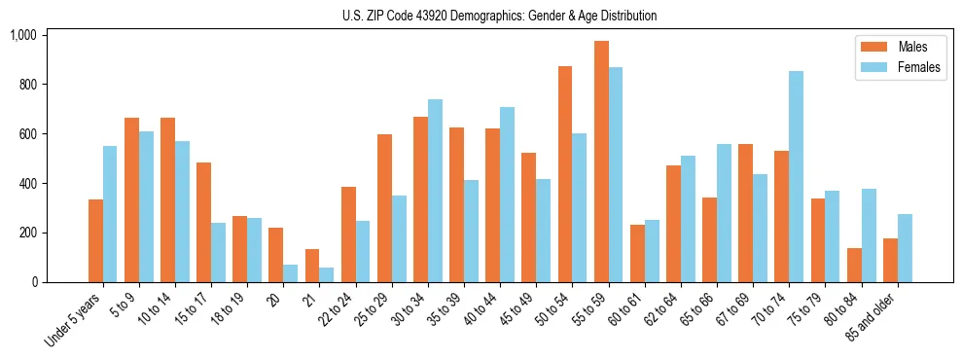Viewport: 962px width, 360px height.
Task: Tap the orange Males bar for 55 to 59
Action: pos(601,162)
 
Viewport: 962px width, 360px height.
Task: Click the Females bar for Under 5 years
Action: pos(110,214)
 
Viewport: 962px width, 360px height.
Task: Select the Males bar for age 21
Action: pos(312,266)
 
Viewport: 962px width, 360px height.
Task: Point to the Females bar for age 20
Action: pos(291,273)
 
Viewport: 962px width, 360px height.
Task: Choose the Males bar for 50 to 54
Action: pos(565,174)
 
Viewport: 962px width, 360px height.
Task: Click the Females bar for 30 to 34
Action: pos(435,191)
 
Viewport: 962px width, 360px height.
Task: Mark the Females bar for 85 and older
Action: pos(905,248)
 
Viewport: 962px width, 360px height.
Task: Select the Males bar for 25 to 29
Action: pos(384,208)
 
